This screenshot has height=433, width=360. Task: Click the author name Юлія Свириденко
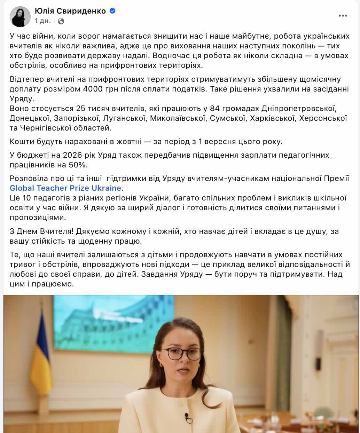pos(70,11)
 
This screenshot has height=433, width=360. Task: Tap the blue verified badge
pos(112,11)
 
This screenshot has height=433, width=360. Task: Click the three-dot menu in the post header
pos(343,16)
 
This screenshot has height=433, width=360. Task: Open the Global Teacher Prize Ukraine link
pos(65,188)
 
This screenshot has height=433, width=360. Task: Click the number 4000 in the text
pos(93,89)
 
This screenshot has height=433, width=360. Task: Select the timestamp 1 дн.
pos(42,21)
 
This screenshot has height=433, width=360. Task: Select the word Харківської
pos(272,118)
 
